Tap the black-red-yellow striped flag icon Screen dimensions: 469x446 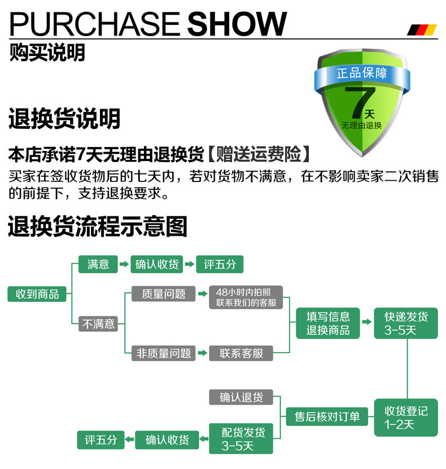[x=422, y=29]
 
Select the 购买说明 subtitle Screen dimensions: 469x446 [x=47, y=53]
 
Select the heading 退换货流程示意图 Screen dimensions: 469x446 [x=97, y=227]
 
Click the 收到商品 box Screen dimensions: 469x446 [x=37, y=294]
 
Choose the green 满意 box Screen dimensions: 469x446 [x=98, y=264]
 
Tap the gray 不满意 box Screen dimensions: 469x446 [x=98, y=324]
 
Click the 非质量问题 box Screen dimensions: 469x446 [x=164, y=353]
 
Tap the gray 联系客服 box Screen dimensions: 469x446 [x=241, y=353]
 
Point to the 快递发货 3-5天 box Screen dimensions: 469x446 [x=406, y=323]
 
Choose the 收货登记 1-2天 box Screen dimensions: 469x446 [x=406, y=417]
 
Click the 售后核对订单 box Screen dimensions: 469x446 [x=327, y=417]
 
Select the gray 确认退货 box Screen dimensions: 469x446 [x=241, y=397]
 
